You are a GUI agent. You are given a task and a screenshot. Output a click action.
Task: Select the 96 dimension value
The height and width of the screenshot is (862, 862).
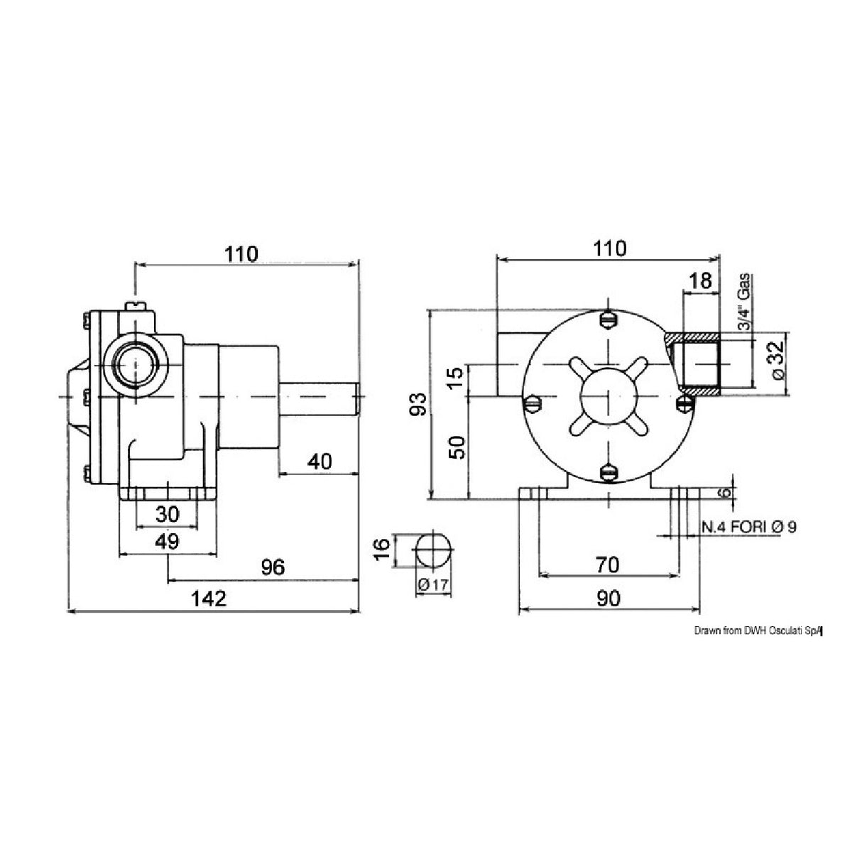point(272,567)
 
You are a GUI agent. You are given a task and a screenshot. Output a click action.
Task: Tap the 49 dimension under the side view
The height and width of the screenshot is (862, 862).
point(166,541)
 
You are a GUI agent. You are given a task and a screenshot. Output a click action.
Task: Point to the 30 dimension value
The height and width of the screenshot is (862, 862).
point(166,513)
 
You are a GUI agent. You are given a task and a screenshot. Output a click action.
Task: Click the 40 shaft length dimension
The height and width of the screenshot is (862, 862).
point(320,462)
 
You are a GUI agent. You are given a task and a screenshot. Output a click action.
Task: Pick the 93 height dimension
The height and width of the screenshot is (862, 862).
point(420,404)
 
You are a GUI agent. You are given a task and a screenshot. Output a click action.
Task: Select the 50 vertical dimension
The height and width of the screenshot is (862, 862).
point(458,448)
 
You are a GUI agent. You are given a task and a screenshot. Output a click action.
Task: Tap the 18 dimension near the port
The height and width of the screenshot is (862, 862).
point(699,280)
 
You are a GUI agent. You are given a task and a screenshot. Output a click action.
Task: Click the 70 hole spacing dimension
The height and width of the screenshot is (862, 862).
point(608,564)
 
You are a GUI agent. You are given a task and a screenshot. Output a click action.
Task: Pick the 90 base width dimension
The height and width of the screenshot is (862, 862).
point(608,599)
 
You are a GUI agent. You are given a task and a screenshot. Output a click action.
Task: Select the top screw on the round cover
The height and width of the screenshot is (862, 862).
point(608,320)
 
